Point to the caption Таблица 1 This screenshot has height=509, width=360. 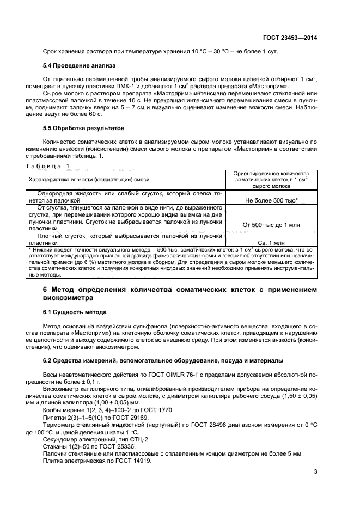(x=48, y=165)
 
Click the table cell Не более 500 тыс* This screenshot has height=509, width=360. (x=271, y=200)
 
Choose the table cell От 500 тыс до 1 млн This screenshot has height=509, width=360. (x=271, y=224)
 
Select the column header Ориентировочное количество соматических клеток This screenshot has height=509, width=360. (x=271, y=179)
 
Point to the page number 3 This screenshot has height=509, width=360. (x=315, y=471)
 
